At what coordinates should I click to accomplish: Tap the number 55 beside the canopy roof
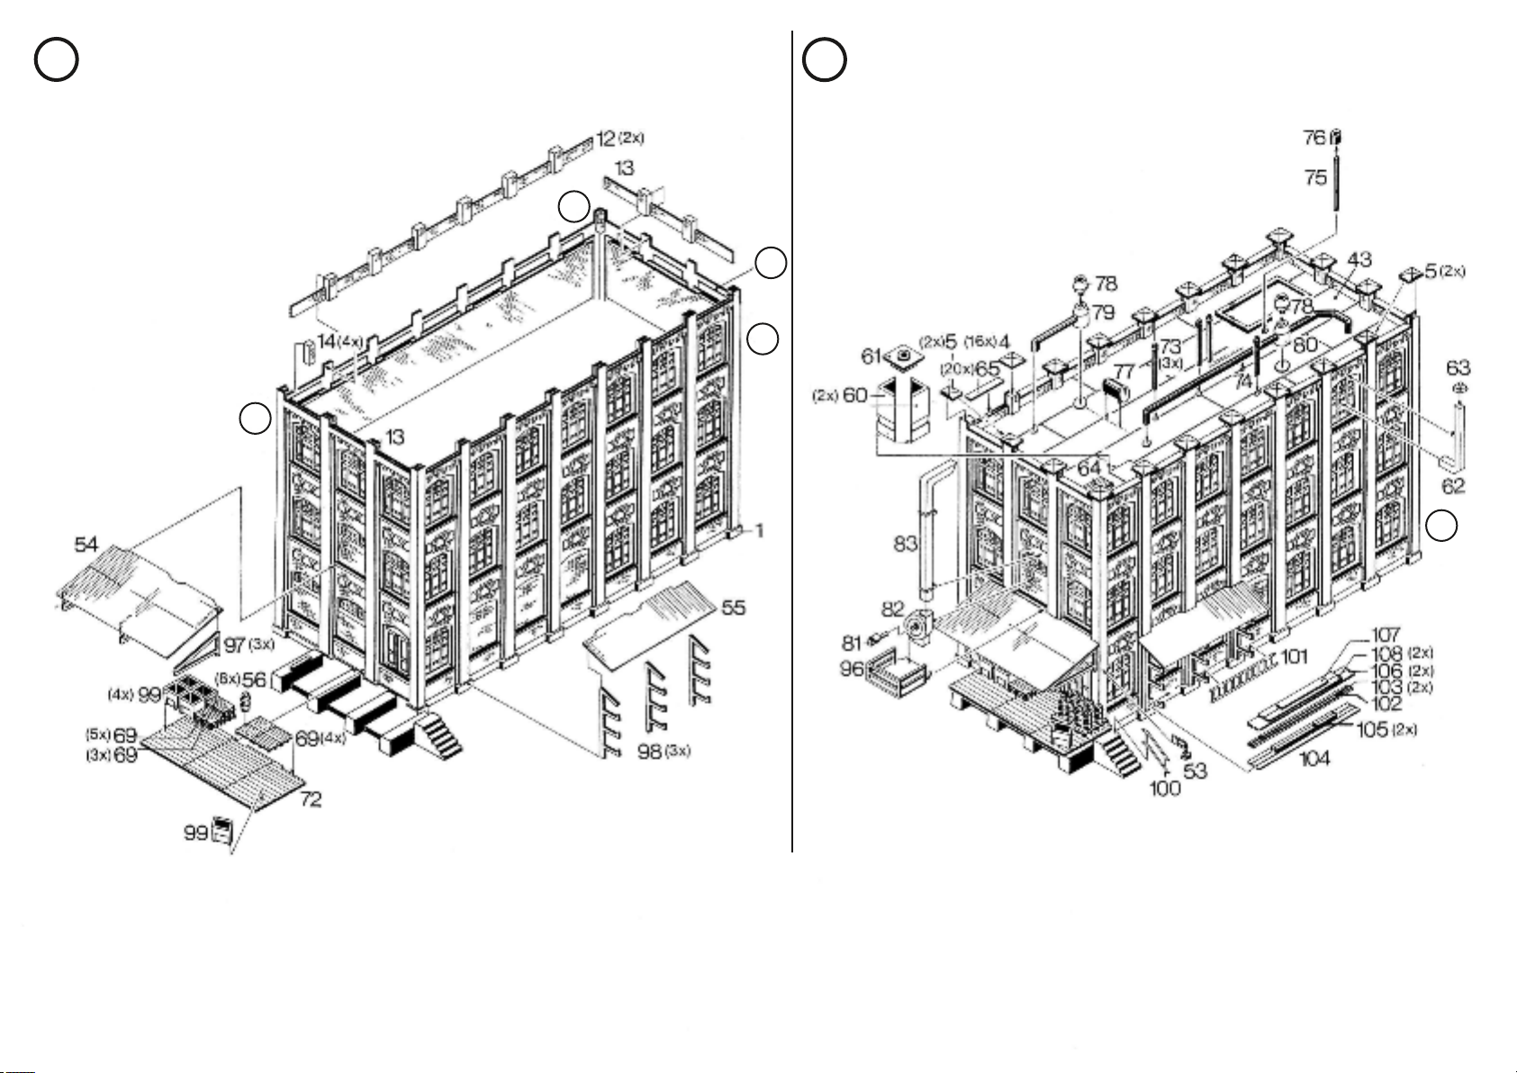pos(733,608)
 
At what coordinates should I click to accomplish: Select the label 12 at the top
pos(605,140)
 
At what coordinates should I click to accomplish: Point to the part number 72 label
pos(310,798)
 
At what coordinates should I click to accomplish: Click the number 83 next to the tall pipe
pos(905,543)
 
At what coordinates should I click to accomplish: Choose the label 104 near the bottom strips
pos(1315,759)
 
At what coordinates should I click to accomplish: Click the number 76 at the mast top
pos(1314,138)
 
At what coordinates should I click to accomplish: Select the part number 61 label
pos(871,357)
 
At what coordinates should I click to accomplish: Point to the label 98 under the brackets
pos(650,752)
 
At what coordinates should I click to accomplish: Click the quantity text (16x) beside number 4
pos(980,342)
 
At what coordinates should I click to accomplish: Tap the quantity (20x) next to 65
pos(957,369)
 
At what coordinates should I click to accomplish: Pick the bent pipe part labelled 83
pos(934,531)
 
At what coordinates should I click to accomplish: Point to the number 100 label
pos(1165,789)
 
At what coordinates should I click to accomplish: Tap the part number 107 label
pos(1386,637)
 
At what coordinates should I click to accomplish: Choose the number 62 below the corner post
pos(1454,486)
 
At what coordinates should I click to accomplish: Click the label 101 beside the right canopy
pos(1294,657)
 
